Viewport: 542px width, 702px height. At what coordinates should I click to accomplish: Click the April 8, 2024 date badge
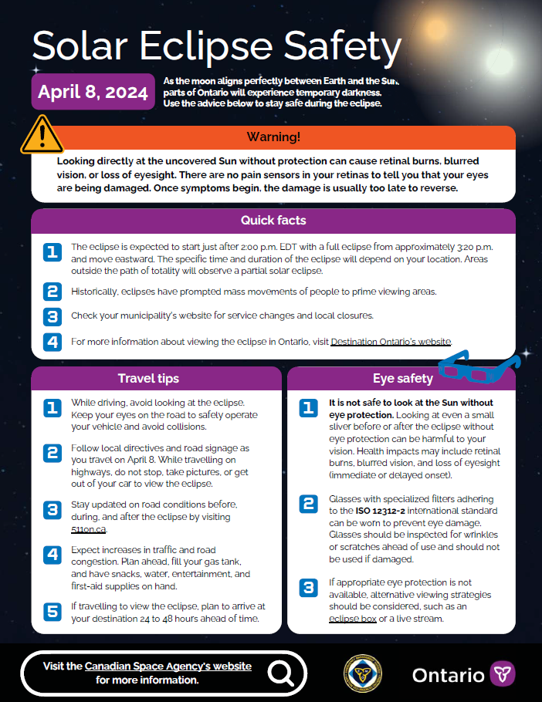click(93, 92)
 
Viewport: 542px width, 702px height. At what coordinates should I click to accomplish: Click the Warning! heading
click(273, 137)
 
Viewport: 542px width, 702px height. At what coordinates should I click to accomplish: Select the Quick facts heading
click(273, 221)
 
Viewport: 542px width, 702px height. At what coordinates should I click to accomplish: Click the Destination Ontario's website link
click(391, 341)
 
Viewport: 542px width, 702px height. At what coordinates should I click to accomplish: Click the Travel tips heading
click(148, 378)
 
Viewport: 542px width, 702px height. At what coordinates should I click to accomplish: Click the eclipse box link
click(353, 619)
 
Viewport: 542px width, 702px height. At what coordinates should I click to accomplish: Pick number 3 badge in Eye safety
click(309, 588)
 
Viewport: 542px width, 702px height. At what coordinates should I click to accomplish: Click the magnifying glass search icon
click(281, 673)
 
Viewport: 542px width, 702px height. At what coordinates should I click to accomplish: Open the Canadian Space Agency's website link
click(168, 666)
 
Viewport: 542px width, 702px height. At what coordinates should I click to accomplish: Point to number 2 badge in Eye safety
click(309, 505)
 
